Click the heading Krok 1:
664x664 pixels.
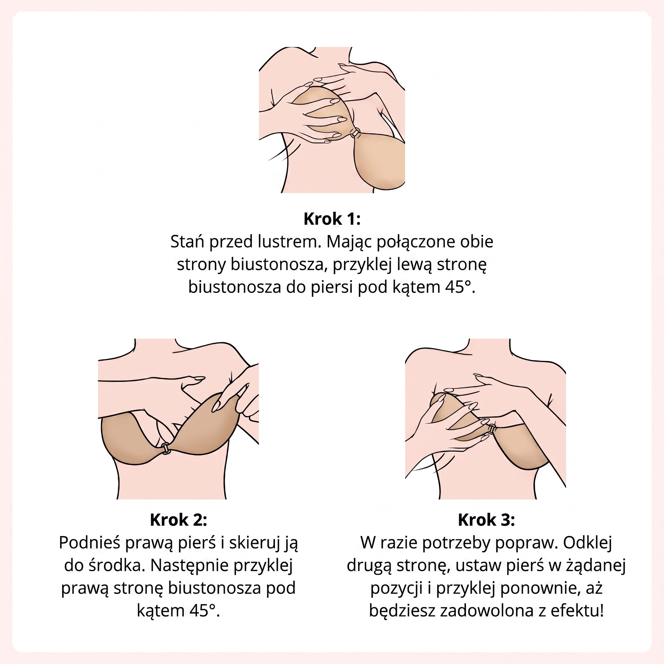coord(332,219)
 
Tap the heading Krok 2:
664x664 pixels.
coord(178,520)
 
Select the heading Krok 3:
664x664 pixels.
coord(486,520)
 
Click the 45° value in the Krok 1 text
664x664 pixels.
coord(460,287)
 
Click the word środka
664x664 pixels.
coord(115,565)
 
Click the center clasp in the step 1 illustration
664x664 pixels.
coord(356,133)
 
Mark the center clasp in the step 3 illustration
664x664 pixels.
coord(492,429)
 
